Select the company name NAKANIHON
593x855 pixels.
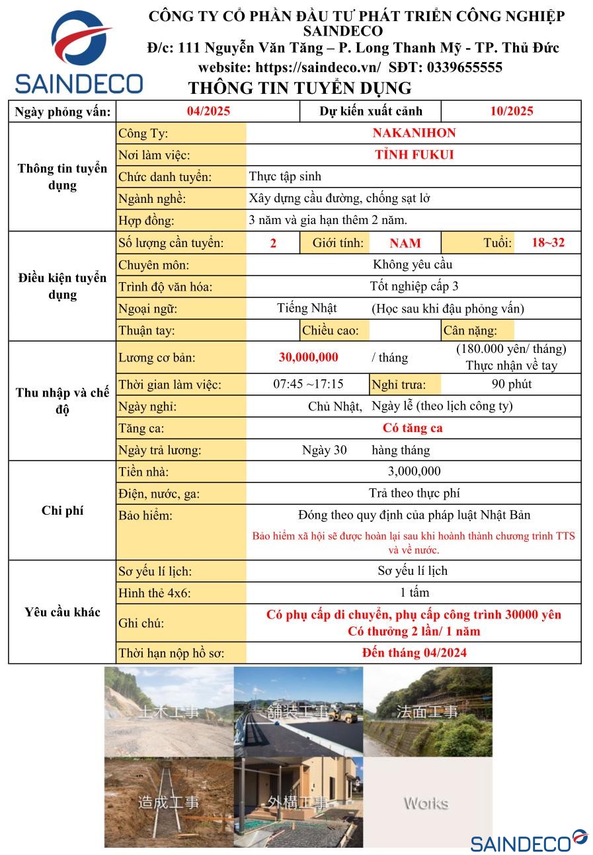tap(414, 133)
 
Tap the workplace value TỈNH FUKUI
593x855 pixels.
tap(414, 155)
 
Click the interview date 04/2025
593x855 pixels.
tap(208, 111)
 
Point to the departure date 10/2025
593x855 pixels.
tap(511, 111)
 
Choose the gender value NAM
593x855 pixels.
tap(405, 243)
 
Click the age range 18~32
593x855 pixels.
tap(548, 242)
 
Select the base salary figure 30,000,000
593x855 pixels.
tap(308, 357)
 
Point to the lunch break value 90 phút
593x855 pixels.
tap(511, 385)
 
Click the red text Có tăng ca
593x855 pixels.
tap(413, 428)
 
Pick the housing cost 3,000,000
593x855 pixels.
tap(414, 471)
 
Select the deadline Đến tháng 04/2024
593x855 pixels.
tap(414, 653)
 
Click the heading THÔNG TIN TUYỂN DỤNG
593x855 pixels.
tap(299, 88)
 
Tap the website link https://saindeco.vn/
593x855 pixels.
tap(317, 67)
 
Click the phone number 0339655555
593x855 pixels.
tap(464, 67)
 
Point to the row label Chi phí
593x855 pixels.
tap(62, 511)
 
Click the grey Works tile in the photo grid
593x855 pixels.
tap(427, 803)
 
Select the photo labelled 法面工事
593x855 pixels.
tap(427, 712)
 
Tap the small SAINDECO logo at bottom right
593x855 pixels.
tap(528, 841)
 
